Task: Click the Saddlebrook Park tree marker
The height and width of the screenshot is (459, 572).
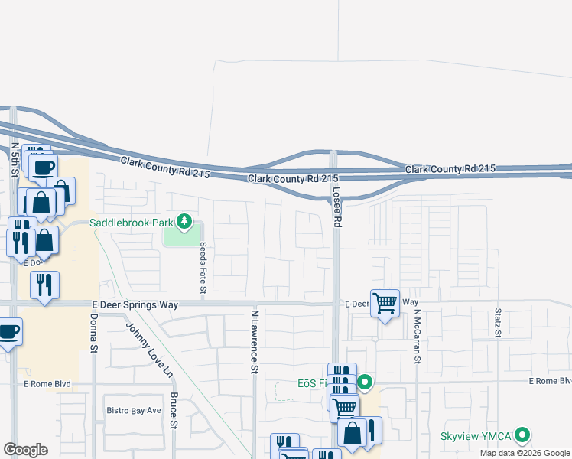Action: (184, 223)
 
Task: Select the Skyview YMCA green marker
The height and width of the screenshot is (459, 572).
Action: (523, 435)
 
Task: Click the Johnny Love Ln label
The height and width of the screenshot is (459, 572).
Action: (149, 350)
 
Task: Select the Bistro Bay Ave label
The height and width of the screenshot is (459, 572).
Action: (134, 410)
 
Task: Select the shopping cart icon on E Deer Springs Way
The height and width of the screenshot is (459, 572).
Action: (385, 302)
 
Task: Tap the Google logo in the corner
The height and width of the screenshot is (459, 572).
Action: (25, 450)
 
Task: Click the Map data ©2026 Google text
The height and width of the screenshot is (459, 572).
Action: (525, 453)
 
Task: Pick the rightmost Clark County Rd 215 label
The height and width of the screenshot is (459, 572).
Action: (450, 168)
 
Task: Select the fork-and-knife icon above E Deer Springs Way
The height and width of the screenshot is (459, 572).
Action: (44, 285)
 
